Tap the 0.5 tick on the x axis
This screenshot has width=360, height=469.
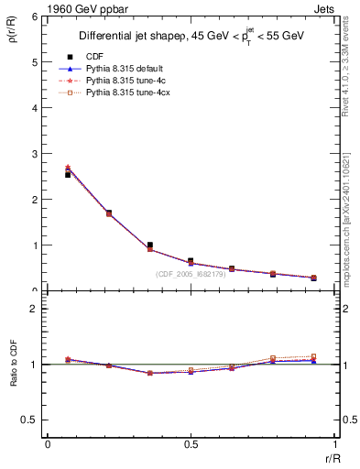(x=191, y=446)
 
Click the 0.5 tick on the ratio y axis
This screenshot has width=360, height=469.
(x=31, y=420)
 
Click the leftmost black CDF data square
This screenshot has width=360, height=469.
(x=68, y=174)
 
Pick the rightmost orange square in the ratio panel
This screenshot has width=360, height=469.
(x=313, y=356)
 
